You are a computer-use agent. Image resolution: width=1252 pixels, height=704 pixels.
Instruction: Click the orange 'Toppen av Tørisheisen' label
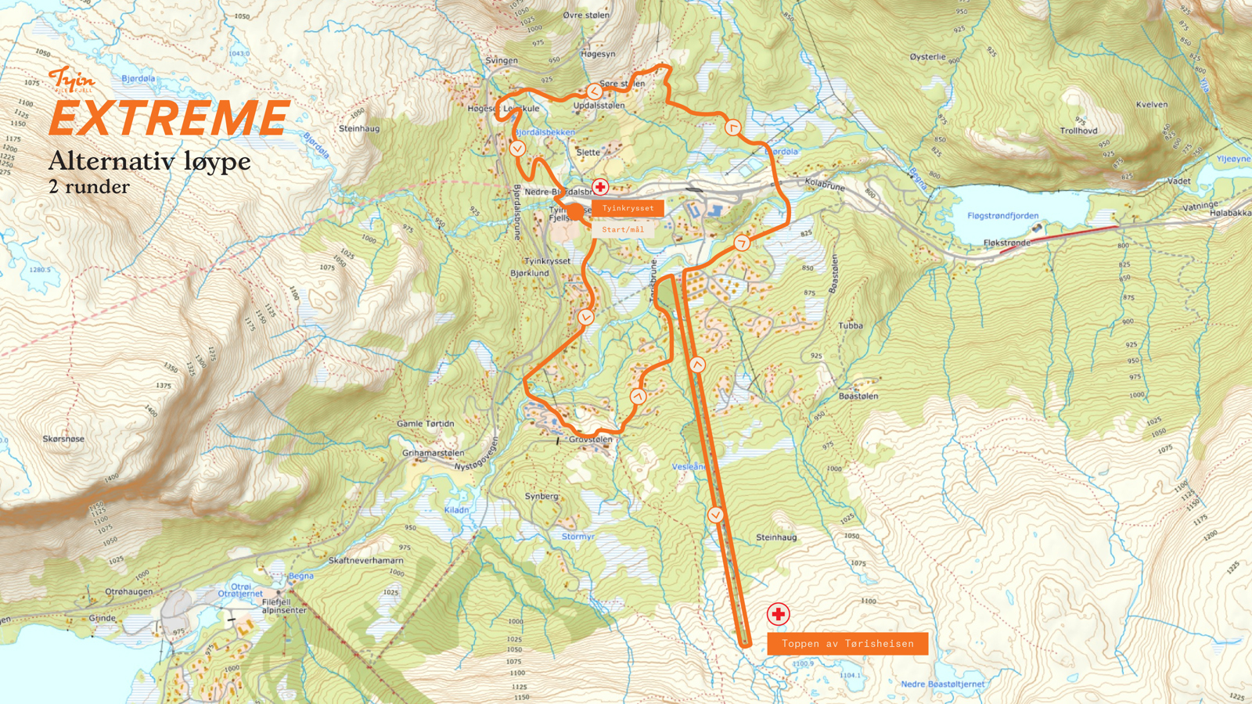click(x=847, y=643)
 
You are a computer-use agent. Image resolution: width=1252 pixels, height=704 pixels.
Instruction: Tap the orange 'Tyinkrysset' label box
click(x=628, y=208)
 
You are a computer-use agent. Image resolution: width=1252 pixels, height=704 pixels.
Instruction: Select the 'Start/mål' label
click(x=623, y=229)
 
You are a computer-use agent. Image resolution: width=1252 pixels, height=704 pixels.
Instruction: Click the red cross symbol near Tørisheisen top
click(x=778, y=614)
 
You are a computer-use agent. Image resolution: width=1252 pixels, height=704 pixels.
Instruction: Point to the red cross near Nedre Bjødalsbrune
click(x=600, y=187)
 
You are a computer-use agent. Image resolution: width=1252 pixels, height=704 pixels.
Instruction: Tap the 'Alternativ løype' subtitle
click(x=149, y=161)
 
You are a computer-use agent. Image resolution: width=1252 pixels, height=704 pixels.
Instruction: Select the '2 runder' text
click(x=89, y=187)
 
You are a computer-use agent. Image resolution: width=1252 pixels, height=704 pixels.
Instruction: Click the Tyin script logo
click(x=72, y=79)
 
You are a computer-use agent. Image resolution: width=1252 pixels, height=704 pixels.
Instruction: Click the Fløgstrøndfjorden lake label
click(x=1002, y=216)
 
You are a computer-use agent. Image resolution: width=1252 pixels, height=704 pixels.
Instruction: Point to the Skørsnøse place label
click(x=63, y=439)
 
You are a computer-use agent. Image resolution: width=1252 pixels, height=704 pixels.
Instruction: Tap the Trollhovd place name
click(x=1078, y=131)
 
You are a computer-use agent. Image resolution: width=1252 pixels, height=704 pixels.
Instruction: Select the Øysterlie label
click(x=927, y=57)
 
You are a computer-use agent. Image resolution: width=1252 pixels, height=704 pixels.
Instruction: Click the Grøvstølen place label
click(x=591, y=440)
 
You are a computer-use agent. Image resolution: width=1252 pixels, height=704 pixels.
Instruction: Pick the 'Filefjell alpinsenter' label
click(x=284, y=606)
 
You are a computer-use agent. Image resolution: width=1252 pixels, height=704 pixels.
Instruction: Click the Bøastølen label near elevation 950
click(x=858, y=396)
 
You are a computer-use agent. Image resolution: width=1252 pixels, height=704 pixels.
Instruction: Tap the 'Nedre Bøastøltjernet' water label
click(x=942, y=684)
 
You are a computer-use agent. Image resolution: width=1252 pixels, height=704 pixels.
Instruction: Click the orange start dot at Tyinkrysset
click(x=575, y=211)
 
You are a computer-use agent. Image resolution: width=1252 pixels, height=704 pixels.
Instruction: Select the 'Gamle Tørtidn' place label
click(x=425, y=423)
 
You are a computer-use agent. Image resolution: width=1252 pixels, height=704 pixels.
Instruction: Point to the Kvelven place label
click(x=1151, y=104)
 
